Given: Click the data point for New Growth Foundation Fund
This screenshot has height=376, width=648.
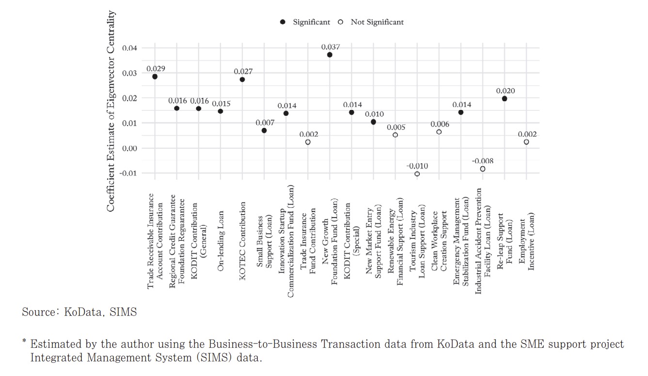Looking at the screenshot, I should click(x=330, y=55).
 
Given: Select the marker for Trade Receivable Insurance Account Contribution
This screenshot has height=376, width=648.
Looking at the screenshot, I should click(x=155, y=77).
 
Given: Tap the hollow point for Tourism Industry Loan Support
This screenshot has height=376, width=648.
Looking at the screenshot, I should click(x=417, y=174).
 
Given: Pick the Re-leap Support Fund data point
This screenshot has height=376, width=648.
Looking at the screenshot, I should click(x=505, y=98).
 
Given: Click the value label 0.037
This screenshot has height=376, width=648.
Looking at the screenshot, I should click(x=331, y=47).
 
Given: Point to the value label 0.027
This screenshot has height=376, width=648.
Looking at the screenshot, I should click(x=243, y=72).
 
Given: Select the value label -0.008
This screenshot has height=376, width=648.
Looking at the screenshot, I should click(x=482, y=161).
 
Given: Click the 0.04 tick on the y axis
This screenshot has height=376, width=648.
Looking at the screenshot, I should click(x=129, y=48).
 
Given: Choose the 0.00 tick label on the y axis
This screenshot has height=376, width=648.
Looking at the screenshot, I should click(x=129, y=148).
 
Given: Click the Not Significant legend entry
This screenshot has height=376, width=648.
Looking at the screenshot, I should click(x=377, y=22).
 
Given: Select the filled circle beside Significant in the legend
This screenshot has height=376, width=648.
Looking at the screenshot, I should click(x=283, y=22).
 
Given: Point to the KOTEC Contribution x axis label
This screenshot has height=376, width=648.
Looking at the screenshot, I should click(x=243, y=226).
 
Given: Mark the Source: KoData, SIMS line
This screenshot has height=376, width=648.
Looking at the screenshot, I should click(x=79, y=313).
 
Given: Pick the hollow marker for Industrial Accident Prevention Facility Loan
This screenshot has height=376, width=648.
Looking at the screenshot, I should click(x=482, y=169).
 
